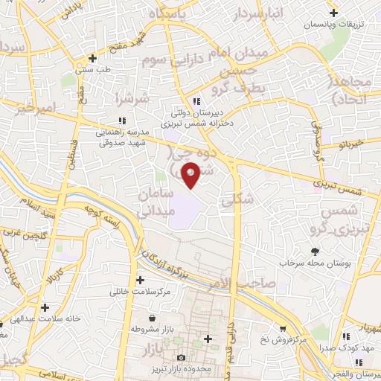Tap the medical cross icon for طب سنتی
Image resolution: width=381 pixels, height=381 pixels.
click(92, 58)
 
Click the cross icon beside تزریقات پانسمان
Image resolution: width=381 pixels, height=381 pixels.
click(334, 13)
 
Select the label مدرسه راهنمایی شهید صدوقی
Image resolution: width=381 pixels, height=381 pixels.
click(123, 135)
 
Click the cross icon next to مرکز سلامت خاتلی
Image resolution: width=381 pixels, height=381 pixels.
click(140, 280)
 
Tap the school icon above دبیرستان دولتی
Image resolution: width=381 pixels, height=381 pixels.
click(196, 102)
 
